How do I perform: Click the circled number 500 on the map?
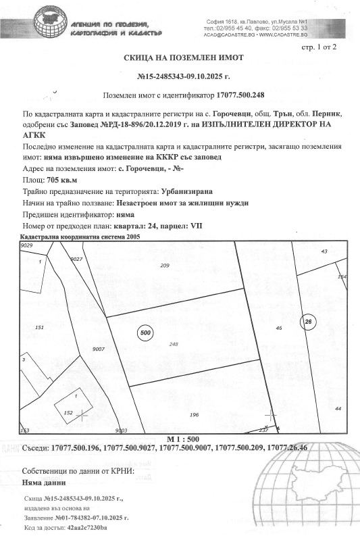click(x=145, y=333)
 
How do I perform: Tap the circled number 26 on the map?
click(x=308, y=321)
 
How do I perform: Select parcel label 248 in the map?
click(x=174, y=345)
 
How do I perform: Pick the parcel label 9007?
click(x=98, y=349)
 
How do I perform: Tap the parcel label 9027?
click(x=76, y=259)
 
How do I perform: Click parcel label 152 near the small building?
click(x=67, y=412)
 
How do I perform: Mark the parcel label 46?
click(x=278, y=328)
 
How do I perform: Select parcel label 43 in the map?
click(x=324, y=251)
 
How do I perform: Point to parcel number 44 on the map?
click(x=338, y=409)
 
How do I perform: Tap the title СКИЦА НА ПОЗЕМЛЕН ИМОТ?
click(x=180, y=59)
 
